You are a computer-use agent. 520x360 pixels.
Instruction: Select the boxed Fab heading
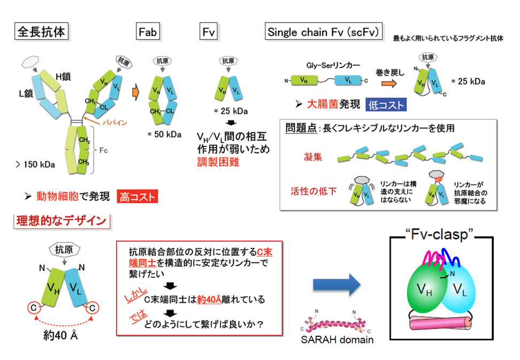point(149,32)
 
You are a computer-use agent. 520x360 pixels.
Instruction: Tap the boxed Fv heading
point(208,32)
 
